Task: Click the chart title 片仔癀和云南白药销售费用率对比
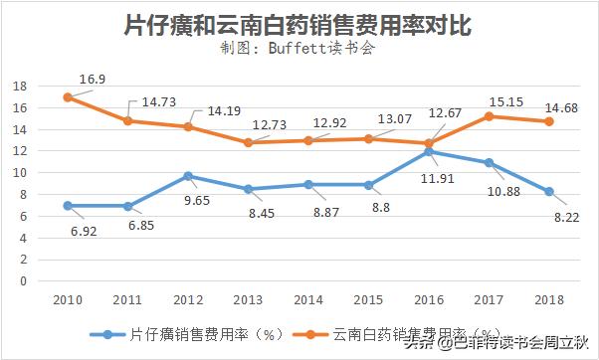coord(299,24)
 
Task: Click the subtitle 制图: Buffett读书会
coord(299,49)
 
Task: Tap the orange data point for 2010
coord(68,97)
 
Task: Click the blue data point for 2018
coord(548,191)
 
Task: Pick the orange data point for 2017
coord(489,116)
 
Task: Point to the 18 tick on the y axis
coord(18,87)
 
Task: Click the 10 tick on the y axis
coord(18,173)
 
